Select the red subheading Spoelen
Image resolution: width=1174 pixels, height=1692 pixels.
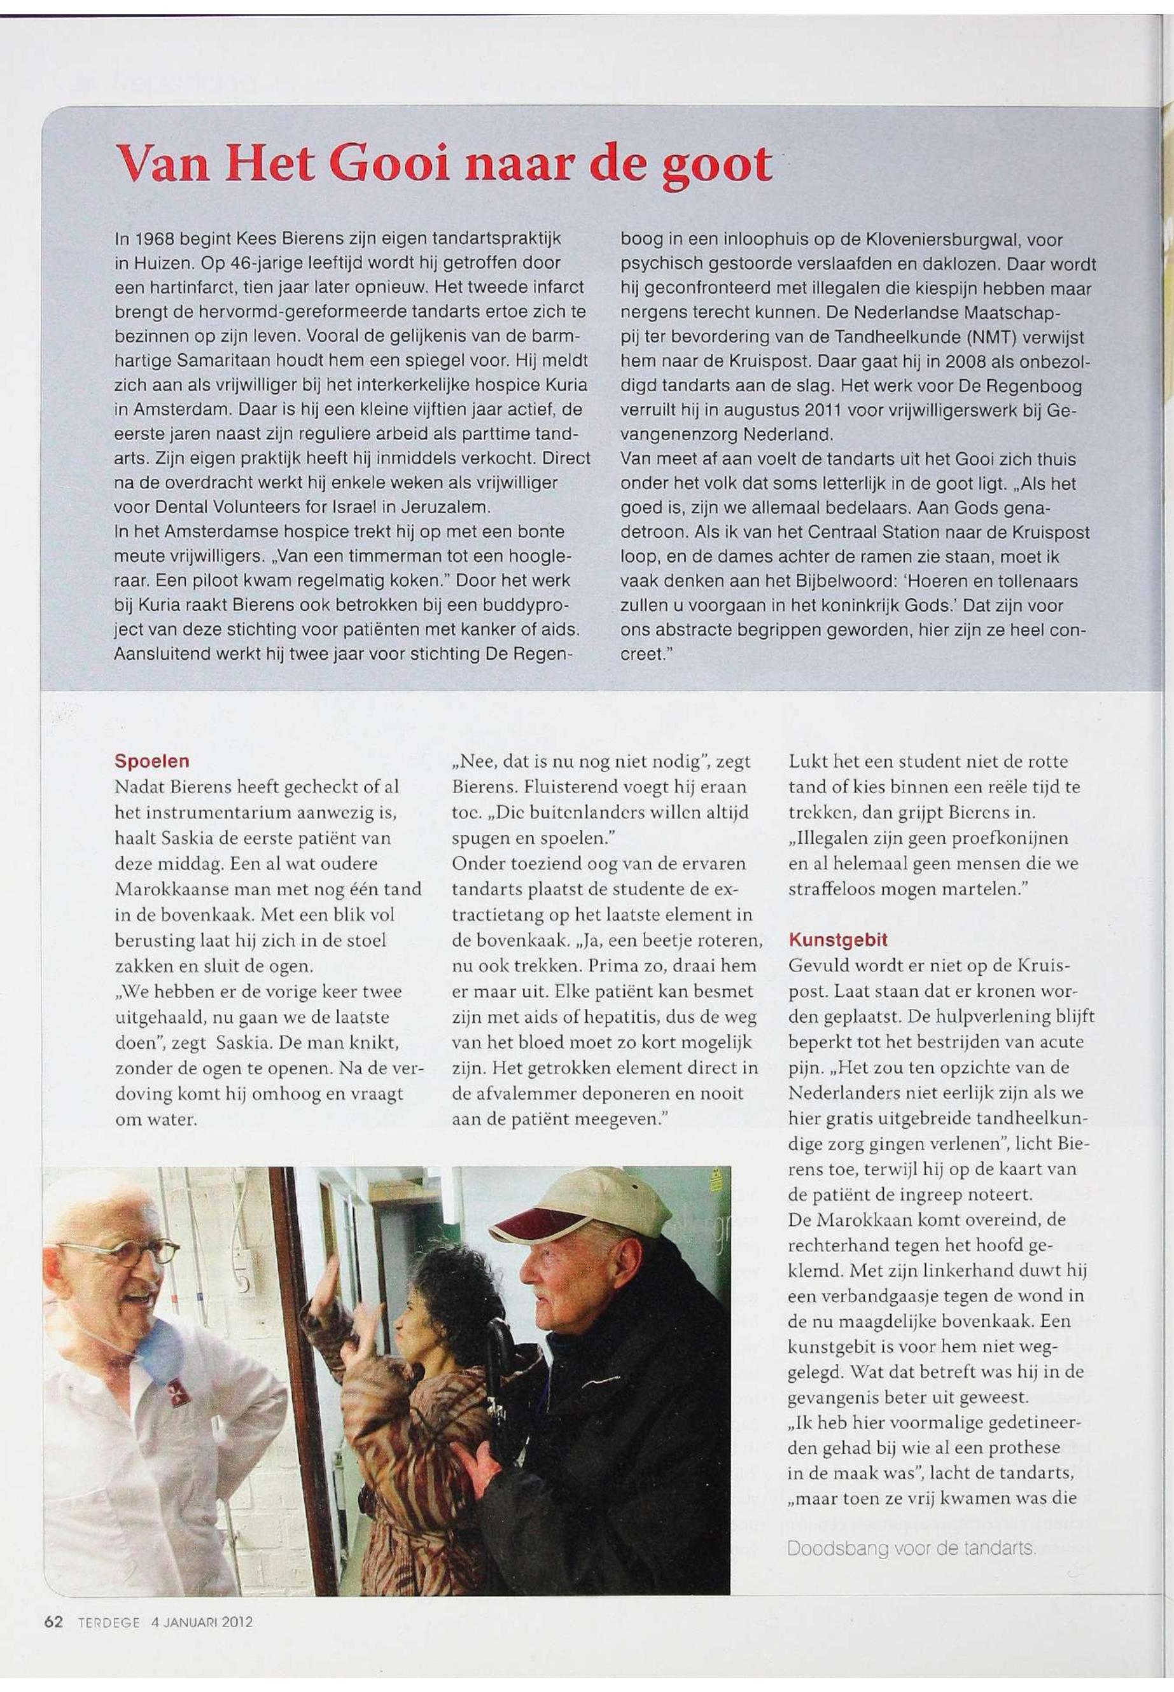point(151,760)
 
